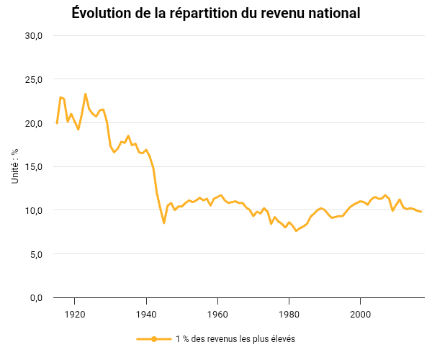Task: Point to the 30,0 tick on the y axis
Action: (x=35, y=36)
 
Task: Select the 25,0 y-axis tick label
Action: (x=35, y=80)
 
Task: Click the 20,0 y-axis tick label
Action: (x=35, y=123)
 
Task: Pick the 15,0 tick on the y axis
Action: (x=35, y=167)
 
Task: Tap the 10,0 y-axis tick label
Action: (x=35, y=210)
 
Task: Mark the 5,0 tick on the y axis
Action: (x=37, y=254)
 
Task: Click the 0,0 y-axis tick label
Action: (x=37, y=297)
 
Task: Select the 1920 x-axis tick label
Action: (x=75, y=313)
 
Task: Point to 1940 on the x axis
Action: (x=146, y=313)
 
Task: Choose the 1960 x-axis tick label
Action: (x=217, y=313)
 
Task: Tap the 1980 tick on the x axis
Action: (x=289, y=313)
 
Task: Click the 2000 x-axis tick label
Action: (x=360, y=313)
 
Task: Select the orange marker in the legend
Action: (x=154, y=339)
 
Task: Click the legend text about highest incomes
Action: (x=235, y=339)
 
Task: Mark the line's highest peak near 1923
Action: (x=86, y=94)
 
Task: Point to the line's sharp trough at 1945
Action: (x=164, y=223)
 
